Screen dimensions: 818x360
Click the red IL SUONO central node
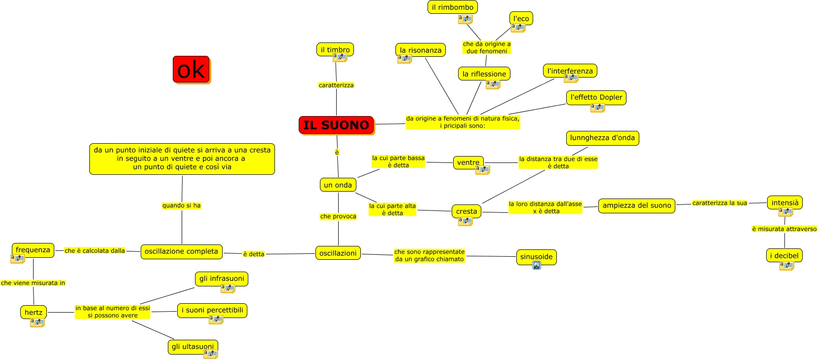point(336,125)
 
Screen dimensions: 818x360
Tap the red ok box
point(191,69)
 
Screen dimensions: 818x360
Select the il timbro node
point(335,49)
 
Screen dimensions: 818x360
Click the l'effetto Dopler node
point(596,97)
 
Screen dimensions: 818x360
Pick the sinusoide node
point(536,256)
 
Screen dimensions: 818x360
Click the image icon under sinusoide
point(537,266)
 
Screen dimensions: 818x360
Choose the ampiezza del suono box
point(636,205)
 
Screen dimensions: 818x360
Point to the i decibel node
point(784,255)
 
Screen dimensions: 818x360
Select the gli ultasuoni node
point(193,347)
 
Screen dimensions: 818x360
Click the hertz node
point(34,312)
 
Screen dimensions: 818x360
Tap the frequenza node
point(33,250)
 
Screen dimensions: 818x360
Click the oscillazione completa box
point(181,251)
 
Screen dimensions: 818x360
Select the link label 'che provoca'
point(338,216)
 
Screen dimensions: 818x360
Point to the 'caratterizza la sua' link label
point(719,203)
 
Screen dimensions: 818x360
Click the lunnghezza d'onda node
point(602,138)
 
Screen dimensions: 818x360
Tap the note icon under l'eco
point(518,28)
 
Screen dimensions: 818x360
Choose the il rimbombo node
point(452,7)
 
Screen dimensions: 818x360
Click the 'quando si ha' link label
point(181,205)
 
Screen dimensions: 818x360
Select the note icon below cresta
point(466,221)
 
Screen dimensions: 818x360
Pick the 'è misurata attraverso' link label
point(784,229)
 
